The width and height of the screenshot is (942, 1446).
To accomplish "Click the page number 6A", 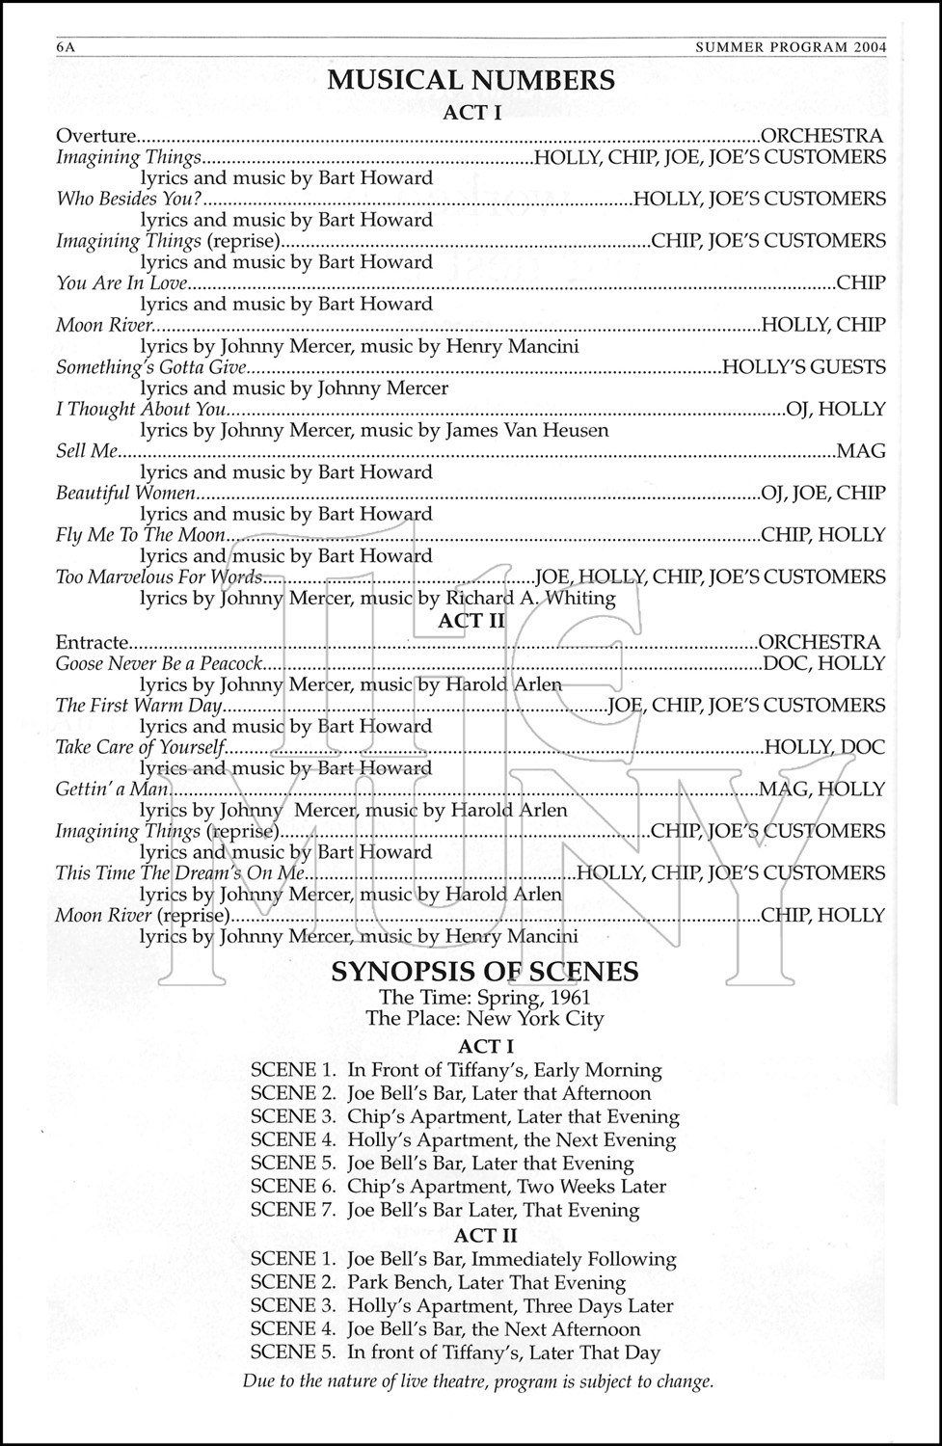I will (67, 49).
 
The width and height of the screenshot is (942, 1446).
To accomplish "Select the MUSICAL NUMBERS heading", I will (471, 80).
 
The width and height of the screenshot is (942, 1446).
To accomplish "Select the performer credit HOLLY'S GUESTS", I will (803, 366).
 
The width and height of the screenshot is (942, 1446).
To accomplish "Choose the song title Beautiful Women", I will (125, 493).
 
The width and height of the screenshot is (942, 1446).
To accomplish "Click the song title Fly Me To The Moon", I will (141, 534).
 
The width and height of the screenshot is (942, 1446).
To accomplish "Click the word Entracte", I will (92, 642).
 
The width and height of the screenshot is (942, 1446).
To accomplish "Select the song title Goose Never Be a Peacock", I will (159, 663).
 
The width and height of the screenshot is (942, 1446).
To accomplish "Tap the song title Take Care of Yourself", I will (140, 747).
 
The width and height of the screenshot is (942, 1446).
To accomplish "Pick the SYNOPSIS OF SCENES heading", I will (485, 971).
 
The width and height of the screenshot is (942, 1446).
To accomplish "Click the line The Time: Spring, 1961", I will (485, 997).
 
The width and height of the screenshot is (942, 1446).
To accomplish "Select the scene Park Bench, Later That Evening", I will (486, 1282).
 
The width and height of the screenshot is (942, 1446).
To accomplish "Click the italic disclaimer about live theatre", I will (478, 1381).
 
